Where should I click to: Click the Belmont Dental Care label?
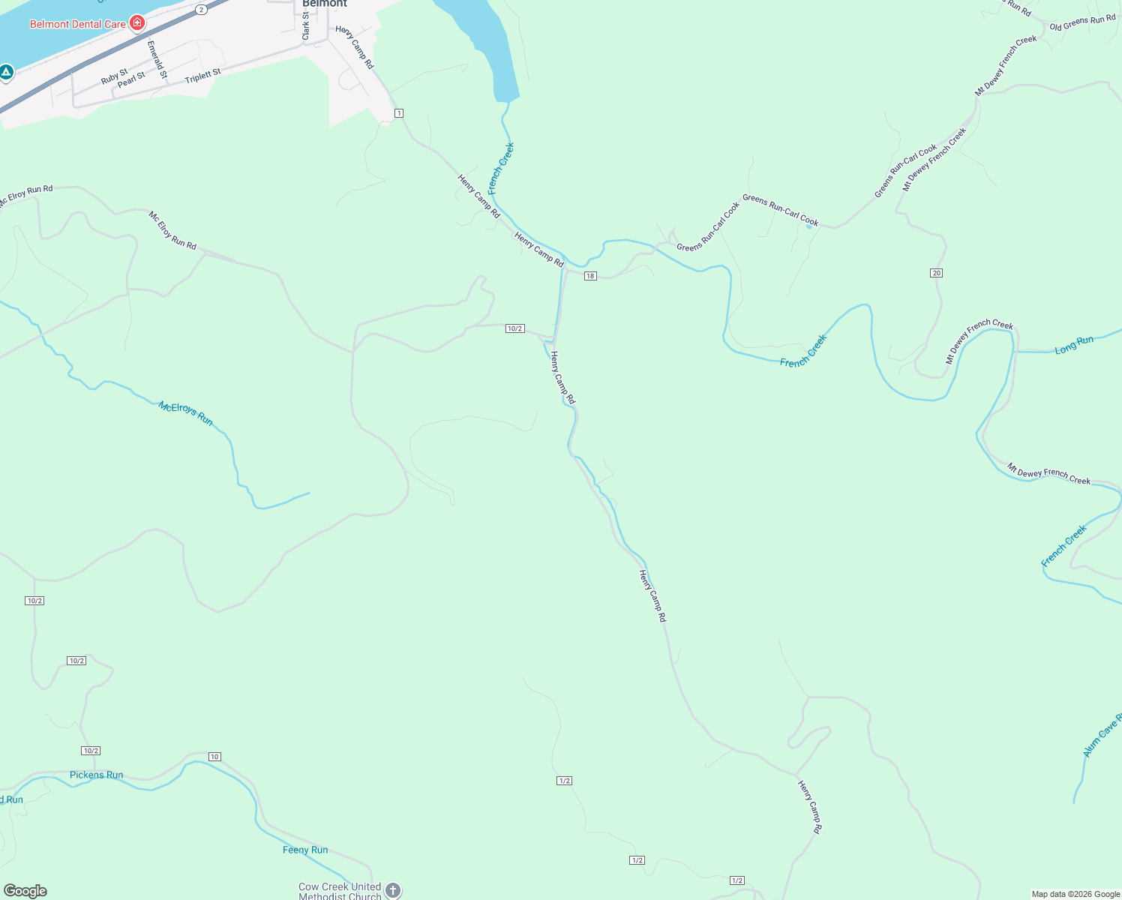click(77, 24)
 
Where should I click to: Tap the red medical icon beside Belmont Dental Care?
click(136, 22)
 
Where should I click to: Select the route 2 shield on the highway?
click(202, 10)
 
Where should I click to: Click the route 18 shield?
click(590, 276)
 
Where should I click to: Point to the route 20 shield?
click(936, 273)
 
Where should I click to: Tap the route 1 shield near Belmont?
click(399, 113)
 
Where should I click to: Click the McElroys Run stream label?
click(185, 413)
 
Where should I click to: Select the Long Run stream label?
click(1074, 345)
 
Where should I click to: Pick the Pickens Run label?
click(96, 775)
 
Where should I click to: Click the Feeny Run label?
click(305, 850)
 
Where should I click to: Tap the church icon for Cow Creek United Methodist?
click(393, 890)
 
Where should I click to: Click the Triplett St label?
click(203, 76)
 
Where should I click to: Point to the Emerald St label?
click(157, 59)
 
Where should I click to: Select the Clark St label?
click(306, 25)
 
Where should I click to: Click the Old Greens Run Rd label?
click(1082, 22)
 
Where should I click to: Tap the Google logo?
click(25, 891)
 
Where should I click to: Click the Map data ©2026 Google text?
click(1075, 894)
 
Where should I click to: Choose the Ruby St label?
click(115, 76)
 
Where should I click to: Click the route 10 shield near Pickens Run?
click(214, 757)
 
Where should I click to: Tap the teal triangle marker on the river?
click(6, 73)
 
